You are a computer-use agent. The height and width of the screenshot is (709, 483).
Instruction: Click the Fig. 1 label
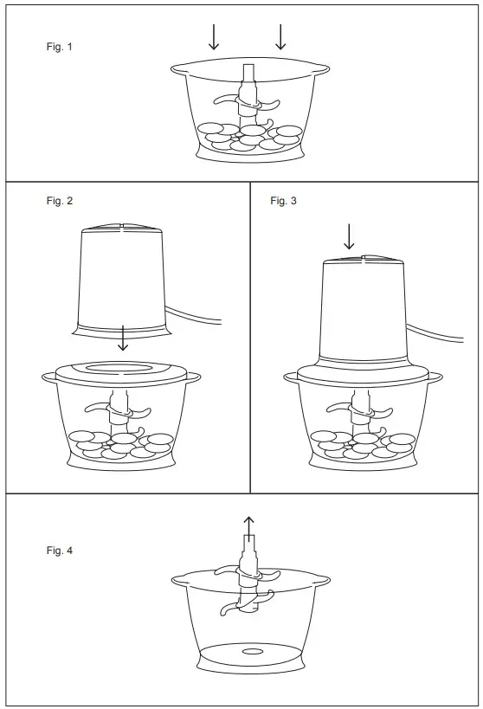(59, 47)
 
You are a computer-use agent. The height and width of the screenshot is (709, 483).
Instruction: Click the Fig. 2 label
(59, 201)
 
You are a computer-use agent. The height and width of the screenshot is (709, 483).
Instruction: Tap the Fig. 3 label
(283, 201)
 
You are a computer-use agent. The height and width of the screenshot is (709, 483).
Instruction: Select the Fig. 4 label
(59, 551)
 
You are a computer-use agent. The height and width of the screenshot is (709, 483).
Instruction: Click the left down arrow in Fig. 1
(214, 36)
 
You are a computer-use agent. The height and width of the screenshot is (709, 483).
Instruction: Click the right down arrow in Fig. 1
(280, 36)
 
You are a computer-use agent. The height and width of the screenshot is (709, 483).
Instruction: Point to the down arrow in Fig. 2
(123, 338)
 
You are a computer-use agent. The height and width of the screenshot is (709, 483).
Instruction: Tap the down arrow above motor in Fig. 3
(349, 236)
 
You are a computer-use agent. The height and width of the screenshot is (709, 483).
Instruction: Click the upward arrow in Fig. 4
(249, 525)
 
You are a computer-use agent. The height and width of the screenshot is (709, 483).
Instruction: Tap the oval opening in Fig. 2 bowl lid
(123, 368)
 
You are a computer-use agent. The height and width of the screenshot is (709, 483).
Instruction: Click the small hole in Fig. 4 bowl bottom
(252, 650)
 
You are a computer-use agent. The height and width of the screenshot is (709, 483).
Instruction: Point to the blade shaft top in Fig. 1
(249, 72)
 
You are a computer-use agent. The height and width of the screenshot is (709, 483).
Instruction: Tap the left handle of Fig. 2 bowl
(49, 377)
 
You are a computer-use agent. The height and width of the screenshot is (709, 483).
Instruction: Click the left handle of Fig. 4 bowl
(178, 579)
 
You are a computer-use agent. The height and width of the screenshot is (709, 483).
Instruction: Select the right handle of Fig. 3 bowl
(435, 377)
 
